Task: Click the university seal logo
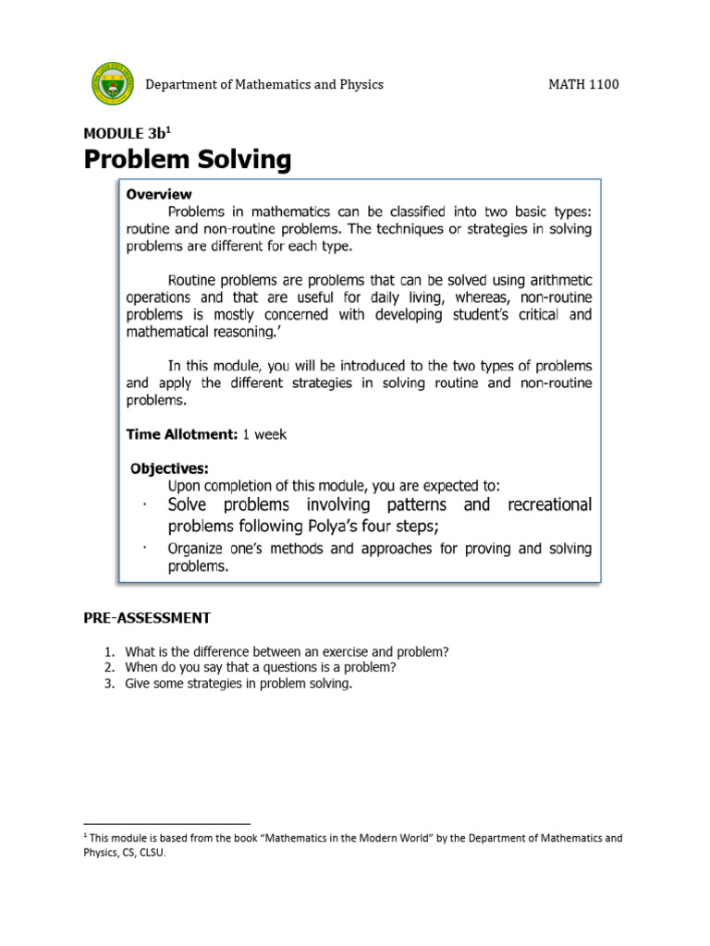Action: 112,84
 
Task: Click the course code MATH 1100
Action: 583,84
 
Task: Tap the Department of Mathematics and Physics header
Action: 264,84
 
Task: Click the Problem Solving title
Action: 188,160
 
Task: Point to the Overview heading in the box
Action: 159,194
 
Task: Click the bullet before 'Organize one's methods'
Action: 146,547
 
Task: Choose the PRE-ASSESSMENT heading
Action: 147,617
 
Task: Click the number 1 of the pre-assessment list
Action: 108,652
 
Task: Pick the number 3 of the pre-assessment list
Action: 108,684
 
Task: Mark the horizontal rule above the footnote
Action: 166,822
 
